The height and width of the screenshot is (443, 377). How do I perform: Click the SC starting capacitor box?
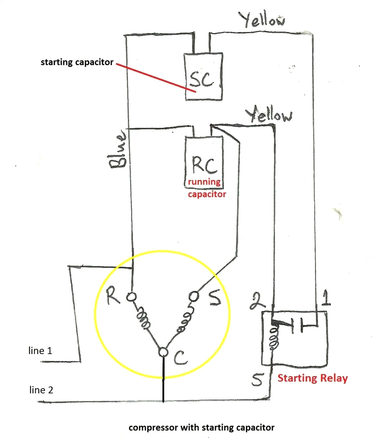pos(203,76)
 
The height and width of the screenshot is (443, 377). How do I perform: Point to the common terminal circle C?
pos(163,352)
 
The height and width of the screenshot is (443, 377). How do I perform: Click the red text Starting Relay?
pos(312,378)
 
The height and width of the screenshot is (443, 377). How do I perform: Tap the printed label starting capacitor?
pos(77,62)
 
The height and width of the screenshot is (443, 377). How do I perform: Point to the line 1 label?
pos(40,351)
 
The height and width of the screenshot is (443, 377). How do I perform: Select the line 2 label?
pos(41,390)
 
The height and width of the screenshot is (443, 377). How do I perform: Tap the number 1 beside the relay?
pos(325,299)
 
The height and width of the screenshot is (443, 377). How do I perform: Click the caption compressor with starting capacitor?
pos(201,428)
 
